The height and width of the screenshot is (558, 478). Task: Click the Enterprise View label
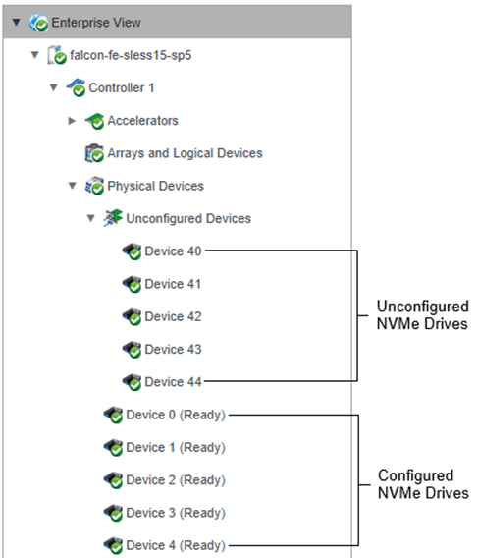click(96, 23)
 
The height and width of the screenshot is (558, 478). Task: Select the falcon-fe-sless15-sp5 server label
click(131, 55)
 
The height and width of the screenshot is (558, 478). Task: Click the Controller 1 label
click(122, 87)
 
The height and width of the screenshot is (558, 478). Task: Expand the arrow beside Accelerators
click(72, 121)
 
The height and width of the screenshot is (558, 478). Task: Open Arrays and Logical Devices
click(185, 153)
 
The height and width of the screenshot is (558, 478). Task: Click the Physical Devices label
click(155, 186)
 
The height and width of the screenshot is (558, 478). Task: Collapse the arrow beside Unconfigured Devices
click(91, 218)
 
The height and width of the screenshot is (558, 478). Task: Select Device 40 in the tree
click(173, 251)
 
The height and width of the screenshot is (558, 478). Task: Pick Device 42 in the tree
click(173, 316)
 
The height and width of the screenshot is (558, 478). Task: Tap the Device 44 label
click(173, 382)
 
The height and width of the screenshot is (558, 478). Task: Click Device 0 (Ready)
click(176, 415)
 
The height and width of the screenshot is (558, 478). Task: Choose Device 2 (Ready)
click(176, 480)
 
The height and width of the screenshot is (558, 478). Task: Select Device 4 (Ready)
click(176, 545)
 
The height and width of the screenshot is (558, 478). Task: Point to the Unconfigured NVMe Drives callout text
click(422, 315)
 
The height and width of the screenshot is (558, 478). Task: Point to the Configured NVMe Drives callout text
click(423, 484)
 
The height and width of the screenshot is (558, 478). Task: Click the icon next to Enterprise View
click(38, 23)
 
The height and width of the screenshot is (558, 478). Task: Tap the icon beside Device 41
click(132, 284)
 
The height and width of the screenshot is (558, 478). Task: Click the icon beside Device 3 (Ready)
click(113, 513)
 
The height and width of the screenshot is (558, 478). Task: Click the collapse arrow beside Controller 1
click(53, 87)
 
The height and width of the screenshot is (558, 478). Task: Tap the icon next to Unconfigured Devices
click(113, 218)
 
